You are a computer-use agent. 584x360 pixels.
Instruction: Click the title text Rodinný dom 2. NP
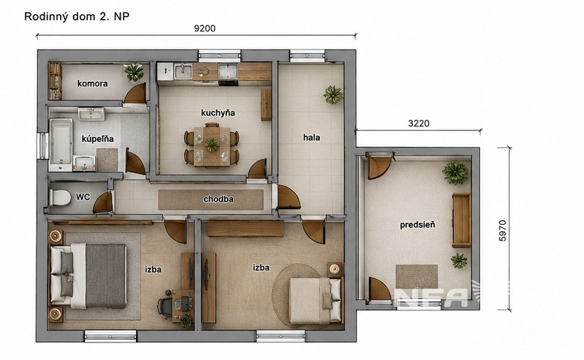[77, 17]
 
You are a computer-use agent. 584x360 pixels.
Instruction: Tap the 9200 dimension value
[205, 28]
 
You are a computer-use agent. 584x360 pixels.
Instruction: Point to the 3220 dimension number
[418, 123]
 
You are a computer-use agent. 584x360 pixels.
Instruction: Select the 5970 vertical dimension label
[502, 230]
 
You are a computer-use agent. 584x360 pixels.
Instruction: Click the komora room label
[93, 83]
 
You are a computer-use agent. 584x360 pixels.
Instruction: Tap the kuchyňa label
[218, 113]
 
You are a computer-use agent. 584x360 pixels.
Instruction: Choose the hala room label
[311, 137]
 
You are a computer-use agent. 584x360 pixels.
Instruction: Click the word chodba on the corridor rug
[218, 199]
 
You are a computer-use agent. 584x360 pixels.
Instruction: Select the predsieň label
[418, 225]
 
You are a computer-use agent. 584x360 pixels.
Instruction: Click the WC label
[83, 197]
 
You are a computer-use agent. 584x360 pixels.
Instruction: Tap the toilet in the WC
[59, 198]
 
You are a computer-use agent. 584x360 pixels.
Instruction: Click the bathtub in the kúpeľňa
[61, 141]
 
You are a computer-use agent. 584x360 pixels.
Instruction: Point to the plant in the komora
[133, 72]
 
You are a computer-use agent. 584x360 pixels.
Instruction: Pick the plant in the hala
[333, 95]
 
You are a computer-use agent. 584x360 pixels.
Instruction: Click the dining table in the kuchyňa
[211, 146]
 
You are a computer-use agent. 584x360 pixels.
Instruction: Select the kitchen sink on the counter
[183, 72]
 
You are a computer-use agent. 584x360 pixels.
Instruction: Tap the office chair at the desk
[164, 307]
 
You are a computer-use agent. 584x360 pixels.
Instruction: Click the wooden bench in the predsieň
[462, 220]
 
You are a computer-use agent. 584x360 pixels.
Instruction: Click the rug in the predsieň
[417, 276]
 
